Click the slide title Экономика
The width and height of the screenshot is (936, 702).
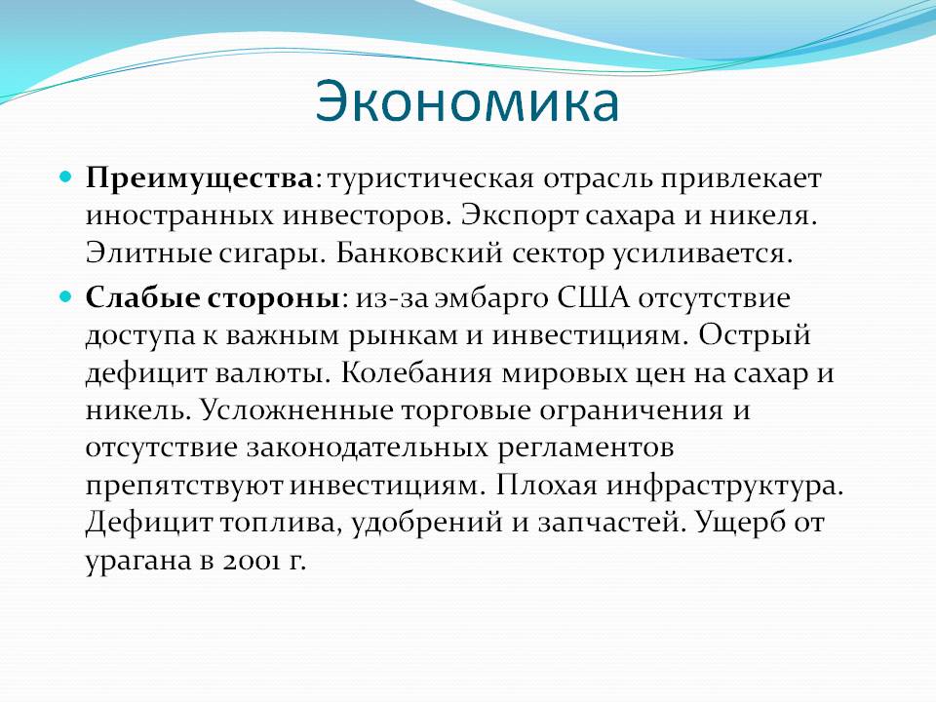pyautogui.click(x=467, y=102)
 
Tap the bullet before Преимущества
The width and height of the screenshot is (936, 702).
pyautogui.click(x=66, y=176)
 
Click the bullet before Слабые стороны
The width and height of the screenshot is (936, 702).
pyautogui.click(x=66, y=296)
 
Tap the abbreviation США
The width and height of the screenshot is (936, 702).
pyautogui.click(x=594, y=298)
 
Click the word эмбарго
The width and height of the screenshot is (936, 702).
pyautogui.click(x=490, y=299)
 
